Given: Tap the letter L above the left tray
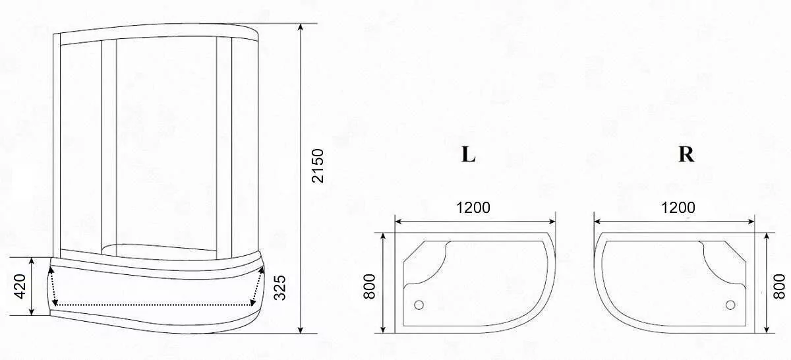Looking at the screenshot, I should (468, 154).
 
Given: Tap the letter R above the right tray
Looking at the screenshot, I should (686, 154).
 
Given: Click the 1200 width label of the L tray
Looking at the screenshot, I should (473, 208).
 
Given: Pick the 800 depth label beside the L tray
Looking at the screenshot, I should (370, 285).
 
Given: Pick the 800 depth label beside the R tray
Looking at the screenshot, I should (780, 285).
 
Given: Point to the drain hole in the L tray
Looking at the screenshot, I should (419, 305).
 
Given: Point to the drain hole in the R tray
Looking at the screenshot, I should (730, 305).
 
